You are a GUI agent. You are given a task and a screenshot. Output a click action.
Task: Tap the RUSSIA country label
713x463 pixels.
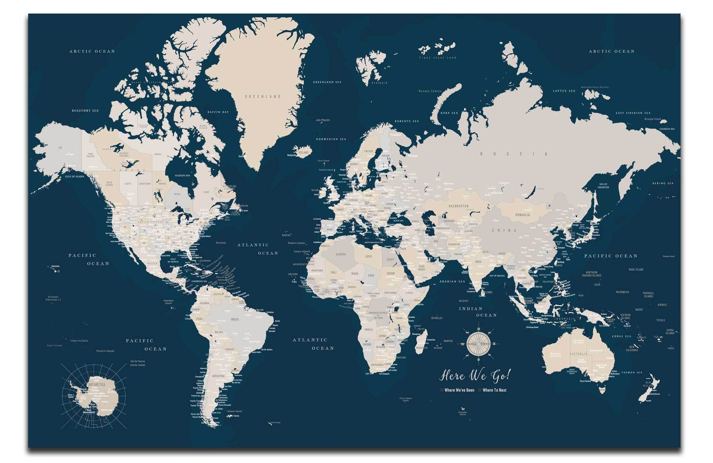click(x=514, y=154)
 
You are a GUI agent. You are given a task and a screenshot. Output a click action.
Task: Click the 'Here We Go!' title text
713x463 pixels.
click(x=475, y=375)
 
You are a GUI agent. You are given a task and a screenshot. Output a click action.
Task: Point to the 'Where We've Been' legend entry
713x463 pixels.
click(x=459, y=390)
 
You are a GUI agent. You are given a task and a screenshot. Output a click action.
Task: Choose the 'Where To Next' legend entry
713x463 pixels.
click(x=494, y=390)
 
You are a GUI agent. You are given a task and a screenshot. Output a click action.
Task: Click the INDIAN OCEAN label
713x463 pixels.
click(x=477, y=312)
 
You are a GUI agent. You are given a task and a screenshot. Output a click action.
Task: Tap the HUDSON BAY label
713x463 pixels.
click(x=182, y=176)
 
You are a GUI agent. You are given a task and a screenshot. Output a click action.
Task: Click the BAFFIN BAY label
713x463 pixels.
click(x=218, y=112)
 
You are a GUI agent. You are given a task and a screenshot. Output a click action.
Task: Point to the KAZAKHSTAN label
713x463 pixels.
click(x=459, y=206)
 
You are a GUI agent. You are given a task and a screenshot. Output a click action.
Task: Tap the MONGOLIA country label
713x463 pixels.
click(x=522, y=215)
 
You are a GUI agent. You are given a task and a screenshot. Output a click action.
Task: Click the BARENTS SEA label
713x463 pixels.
click(x=407, y=121)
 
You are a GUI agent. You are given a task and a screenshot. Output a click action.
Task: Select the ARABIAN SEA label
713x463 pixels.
click(x=452, y=281)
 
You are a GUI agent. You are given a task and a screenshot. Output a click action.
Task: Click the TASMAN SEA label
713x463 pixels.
click(x=632, y=373)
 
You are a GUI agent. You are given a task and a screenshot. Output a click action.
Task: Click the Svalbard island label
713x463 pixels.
click(x=379, y=83)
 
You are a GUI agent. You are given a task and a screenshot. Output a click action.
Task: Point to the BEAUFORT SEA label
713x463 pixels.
click(x=85, y=110)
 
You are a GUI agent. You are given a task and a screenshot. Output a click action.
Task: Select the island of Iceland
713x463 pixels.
click(x=302, y=152)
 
